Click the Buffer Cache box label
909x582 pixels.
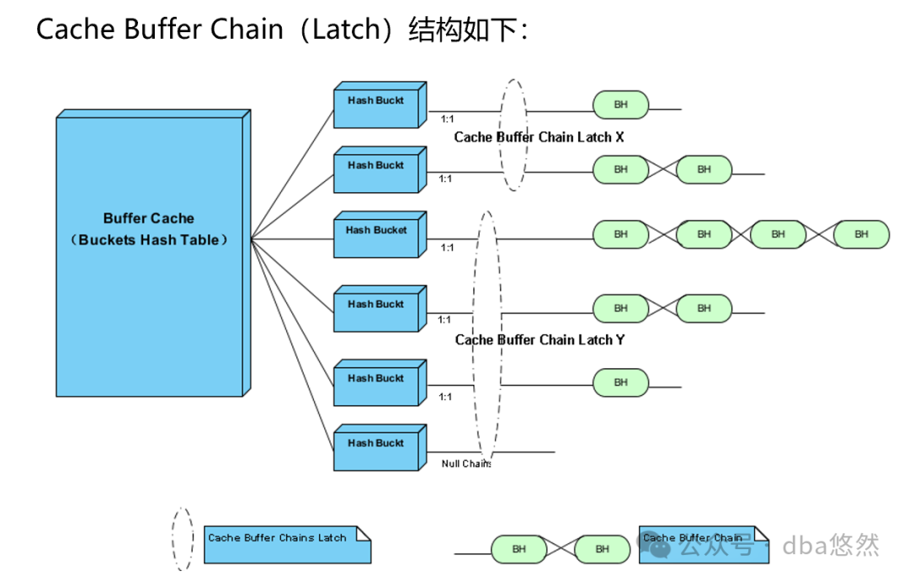[x=149, y=229]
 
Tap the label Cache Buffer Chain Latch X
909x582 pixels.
[x=539, y=136]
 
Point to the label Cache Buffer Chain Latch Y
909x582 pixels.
[x=540, y=339]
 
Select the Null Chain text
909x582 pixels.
[x=465, y=463]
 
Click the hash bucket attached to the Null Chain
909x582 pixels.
[x=376, y=447]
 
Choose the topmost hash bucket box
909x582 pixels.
[x=376, y=104]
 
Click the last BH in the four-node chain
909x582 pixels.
[x=861, y=234]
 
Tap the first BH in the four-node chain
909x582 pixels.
[x=620, y=234]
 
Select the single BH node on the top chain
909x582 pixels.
[x=620, y=104]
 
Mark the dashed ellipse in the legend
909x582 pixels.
[x=182, y=539]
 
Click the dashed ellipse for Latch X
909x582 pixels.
[x=513, y=135]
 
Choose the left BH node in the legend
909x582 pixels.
[x=518, y=549]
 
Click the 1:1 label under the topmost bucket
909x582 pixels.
[x=447, y=120]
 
